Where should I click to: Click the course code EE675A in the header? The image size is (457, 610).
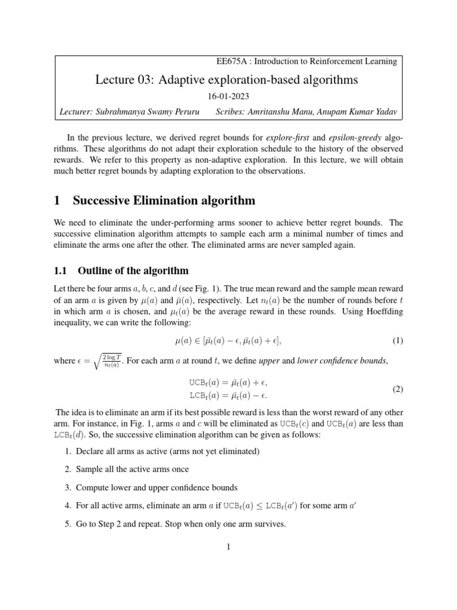click(x=233, y=61)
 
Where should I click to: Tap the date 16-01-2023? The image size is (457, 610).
click(x=228, y=96)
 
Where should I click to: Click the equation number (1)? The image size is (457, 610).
click(x=397, y=341)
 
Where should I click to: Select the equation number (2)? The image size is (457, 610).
click(x=397, y=389)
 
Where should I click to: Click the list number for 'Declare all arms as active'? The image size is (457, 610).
click(x=67, y=451)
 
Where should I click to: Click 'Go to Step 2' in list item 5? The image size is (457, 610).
click(x=101, y=525)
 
